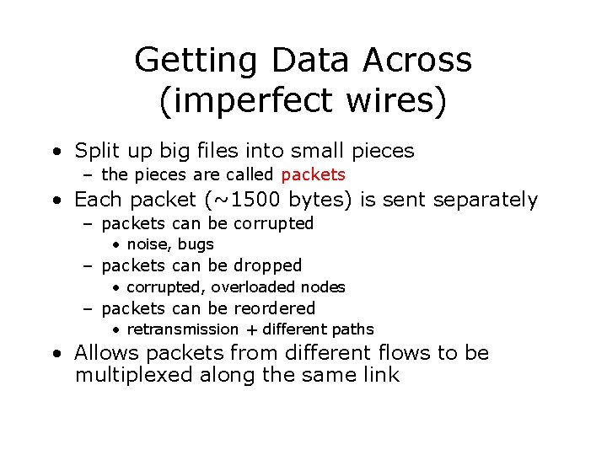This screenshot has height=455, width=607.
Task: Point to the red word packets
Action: coord(313,175)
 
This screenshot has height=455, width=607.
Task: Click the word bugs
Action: coord(196,244)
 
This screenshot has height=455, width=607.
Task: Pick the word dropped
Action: coord(267,265)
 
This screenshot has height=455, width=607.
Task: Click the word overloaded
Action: coord(255,287)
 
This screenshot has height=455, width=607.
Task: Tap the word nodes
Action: coord(324,287)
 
